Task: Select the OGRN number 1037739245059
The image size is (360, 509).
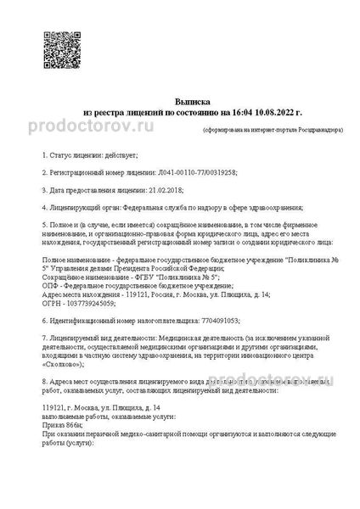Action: tap(87, 303)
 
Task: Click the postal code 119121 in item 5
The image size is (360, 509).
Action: tap(132, 294)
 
